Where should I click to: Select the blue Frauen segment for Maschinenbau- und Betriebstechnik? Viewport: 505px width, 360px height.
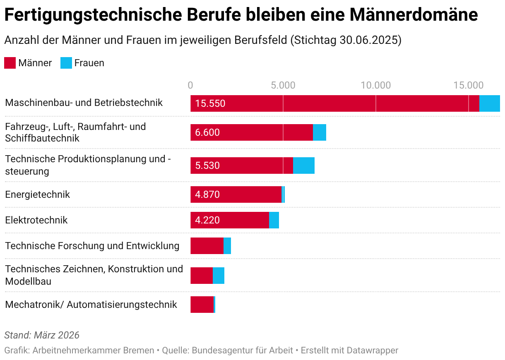click(489, 103)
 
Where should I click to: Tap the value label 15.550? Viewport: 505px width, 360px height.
click(210, 103)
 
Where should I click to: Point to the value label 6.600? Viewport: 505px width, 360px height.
click(207, 132)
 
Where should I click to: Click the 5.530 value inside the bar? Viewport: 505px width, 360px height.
click(207, 166)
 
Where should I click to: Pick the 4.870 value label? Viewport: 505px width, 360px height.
click(207, 194)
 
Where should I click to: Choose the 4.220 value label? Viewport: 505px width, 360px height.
click(207, 220)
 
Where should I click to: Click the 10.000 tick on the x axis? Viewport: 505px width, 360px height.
click(375, 85)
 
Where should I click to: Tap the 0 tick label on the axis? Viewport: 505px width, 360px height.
click(190, 85)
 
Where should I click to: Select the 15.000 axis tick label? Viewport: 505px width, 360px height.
click(468, 85)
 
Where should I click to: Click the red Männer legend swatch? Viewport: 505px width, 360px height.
click(10, 63)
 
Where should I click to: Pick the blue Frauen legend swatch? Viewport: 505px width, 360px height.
click(66, 63)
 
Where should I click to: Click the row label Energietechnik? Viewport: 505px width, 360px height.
click(38, 194)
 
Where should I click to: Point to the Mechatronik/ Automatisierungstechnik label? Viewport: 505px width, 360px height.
click(91, 305)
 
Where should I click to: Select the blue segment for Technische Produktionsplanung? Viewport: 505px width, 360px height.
click(304, 166)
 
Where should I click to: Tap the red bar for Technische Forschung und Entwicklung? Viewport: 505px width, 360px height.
click(207, 246)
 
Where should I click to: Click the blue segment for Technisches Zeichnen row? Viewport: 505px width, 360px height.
click(219, 276)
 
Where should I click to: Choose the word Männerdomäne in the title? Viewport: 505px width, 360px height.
click(414, 15)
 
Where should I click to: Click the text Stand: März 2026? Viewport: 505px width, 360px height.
click(42, 335)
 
